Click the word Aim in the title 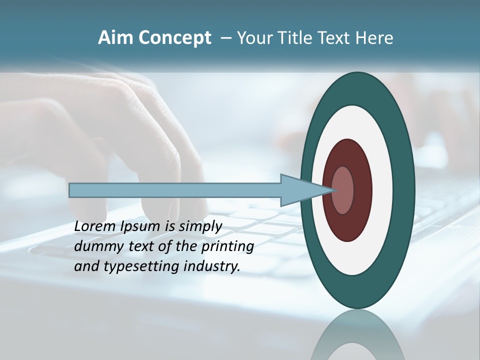tap(115, 38)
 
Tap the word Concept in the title tap(174, 38)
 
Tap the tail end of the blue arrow tap(70, 190)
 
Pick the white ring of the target tap(382, 190)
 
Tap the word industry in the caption tap(212, 267)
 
